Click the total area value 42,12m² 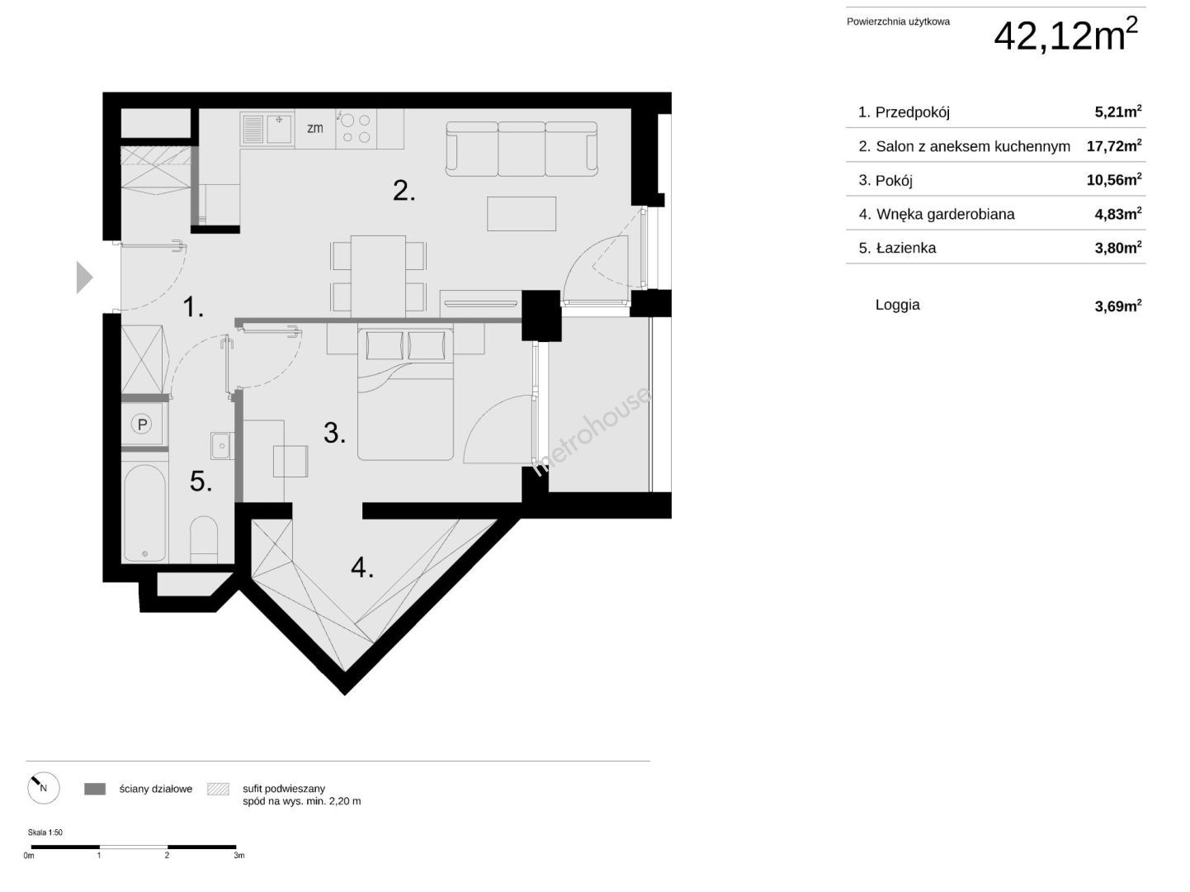(1066, 36)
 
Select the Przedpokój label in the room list (913, 112)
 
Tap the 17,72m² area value (1114, 145)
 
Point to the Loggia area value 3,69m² (1118, 306)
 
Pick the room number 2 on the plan (404, 191)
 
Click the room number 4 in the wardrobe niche (362, 567)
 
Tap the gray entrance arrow (84, 278)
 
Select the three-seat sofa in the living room (522, 149)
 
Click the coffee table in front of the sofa (522, 214)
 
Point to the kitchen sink (267, 130)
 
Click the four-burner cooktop (357, 129)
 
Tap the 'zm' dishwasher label (315, 129)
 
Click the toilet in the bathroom (204, 539)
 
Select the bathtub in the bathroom (144, 513)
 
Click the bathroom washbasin (222, 445)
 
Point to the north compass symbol (44, 788)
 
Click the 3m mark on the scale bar (239, 856)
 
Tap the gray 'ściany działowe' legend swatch (95, 789)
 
